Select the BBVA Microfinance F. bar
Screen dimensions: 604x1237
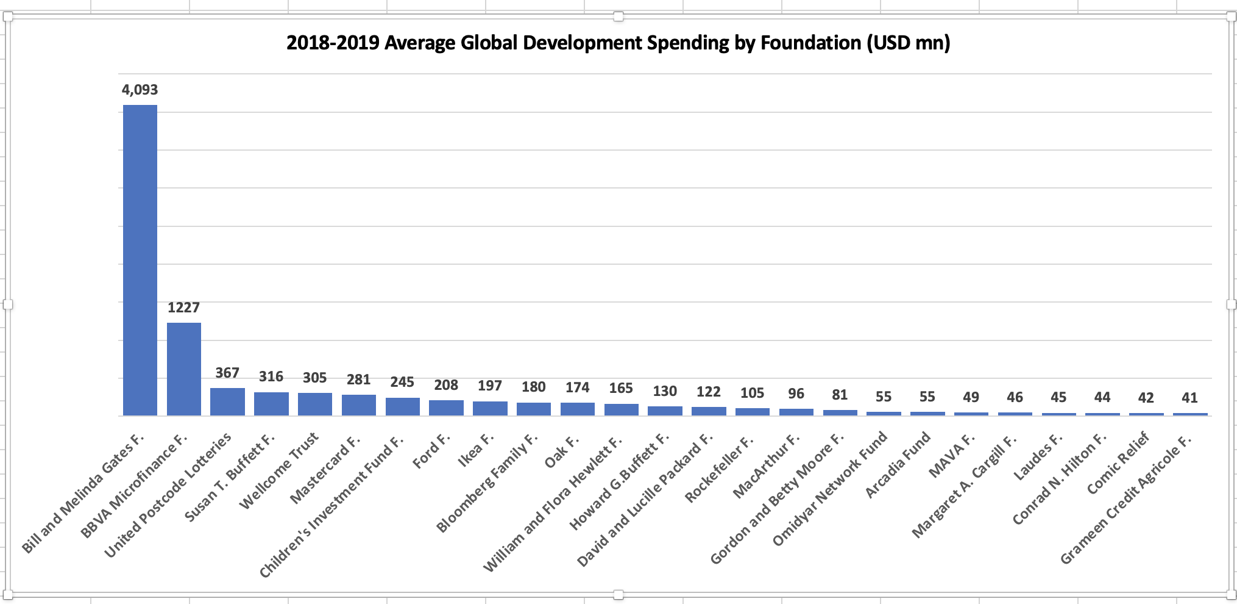184,369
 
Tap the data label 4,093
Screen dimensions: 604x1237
140,90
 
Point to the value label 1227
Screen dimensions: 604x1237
183,307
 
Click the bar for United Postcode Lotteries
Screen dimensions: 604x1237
227,401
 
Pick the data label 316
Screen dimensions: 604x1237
271,376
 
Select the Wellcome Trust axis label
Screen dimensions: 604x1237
279,470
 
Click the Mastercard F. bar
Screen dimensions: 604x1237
359,405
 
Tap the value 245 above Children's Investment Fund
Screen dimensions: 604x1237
402,382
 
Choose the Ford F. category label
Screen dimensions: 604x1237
431,451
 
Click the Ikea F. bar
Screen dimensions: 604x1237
490,408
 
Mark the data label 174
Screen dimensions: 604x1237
577,387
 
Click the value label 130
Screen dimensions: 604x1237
665,391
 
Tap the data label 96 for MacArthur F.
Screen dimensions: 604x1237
796,394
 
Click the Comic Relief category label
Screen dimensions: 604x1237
1118,463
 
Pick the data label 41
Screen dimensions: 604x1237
1189,398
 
